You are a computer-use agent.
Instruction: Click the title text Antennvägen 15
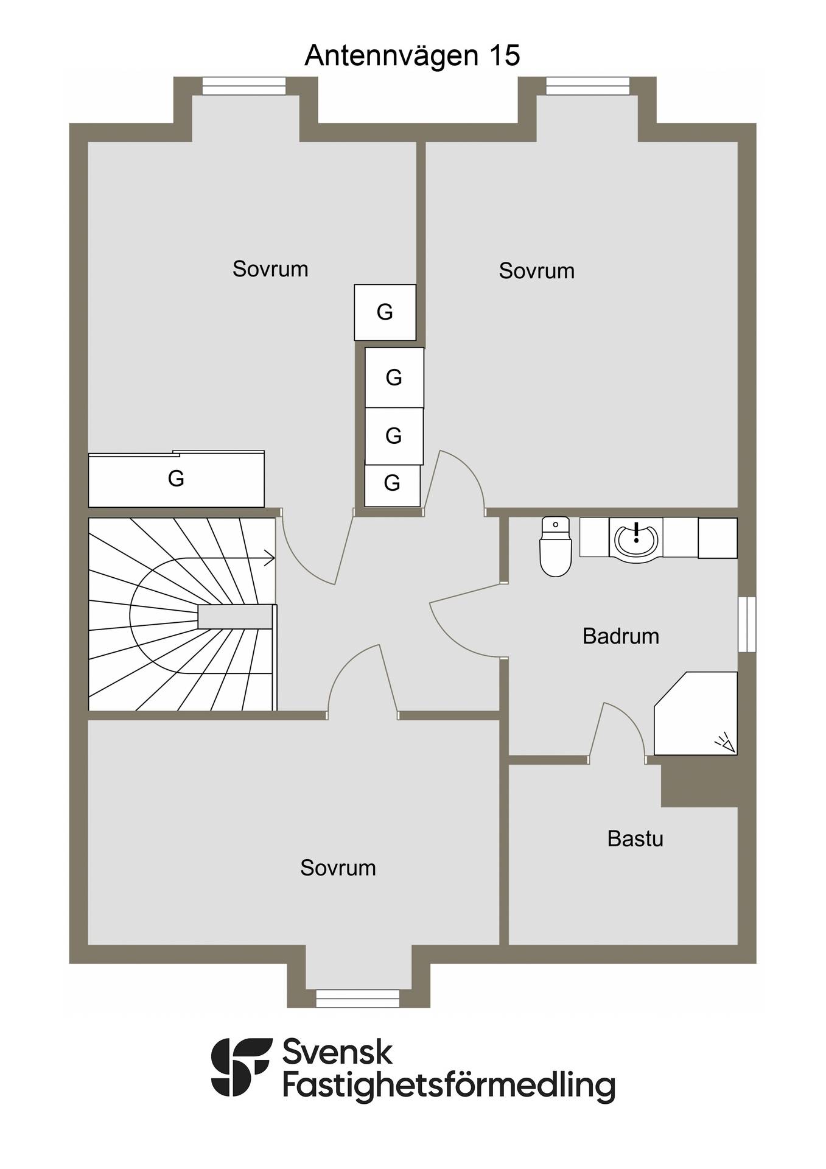[x=412, y=55]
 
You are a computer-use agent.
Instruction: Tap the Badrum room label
[x=621, y=636]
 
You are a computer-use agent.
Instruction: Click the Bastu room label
[x=635, y=839]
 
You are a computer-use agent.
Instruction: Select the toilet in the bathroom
[x=555, y=546]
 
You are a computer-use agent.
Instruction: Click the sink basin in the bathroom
[x=636, y=538]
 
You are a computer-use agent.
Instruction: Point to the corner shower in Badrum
[x=696, y=713]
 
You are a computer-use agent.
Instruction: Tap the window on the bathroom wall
[x=747, y=624]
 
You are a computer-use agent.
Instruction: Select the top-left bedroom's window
[x=243, y=86]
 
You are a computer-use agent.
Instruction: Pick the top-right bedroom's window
[x=587, y=86]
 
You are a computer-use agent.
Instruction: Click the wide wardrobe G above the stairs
[x=177, y=479]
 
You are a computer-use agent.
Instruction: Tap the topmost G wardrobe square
[x=385, y=312]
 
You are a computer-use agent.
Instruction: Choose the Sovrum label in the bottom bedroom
[x=338, y=868]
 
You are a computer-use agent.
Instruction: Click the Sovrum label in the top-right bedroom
[x=536, y=271]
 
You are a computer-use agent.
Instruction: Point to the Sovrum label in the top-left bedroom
[x=270, y=269]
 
